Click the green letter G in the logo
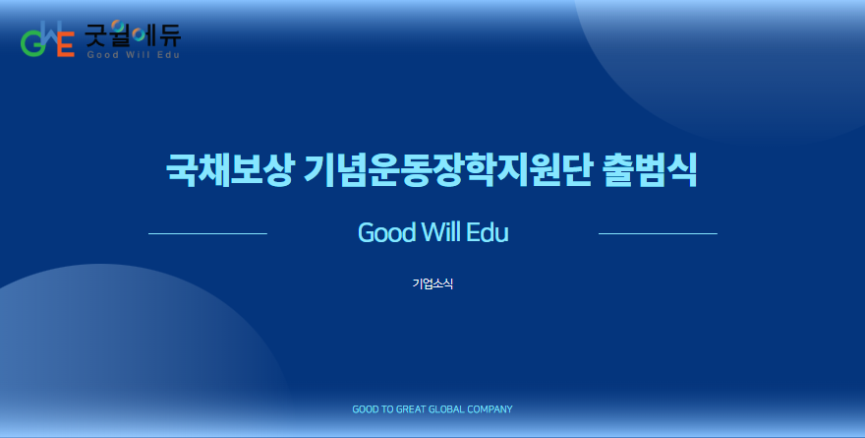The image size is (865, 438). point(30,44)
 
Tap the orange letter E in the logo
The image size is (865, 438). point(66,44)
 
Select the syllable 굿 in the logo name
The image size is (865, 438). point(96,35)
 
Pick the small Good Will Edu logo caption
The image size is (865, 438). point(133,55)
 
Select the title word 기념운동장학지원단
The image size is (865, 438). point(448,169)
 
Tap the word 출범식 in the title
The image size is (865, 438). point(650,169)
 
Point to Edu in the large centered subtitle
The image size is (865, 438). point(488,232)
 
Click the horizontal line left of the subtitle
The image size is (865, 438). point(207,233)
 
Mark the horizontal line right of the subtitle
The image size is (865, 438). point(658,233)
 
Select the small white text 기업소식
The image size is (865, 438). point(432,283)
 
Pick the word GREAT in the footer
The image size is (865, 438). point(411,409)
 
